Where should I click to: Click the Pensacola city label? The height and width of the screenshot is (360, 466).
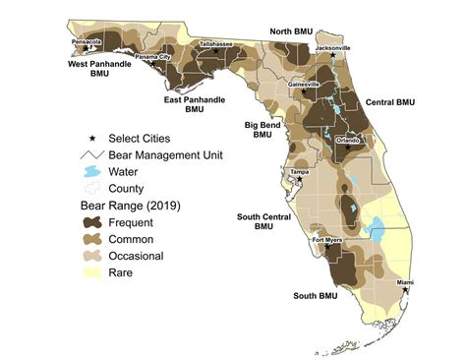click(x=86, y=42)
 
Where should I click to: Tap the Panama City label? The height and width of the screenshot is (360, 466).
click(x=153, y=57)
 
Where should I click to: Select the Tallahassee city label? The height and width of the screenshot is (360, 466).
click(x=216, y=44)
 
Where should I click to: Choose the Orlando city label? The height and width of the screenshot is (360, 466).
click(x=349, y=140)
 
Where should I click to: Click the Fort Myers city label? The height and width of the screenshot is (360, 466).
click(x=326, y=240)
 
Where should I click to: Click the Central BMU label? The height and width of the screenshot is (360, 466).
click(x=390, y=101)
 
